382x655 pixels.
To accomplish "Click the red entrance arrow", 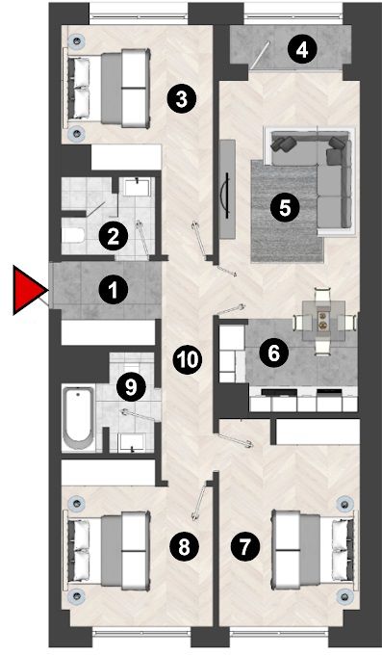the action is [x=29, y=290].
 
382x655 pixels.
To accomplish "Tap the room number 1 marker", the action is [x=114, y=290].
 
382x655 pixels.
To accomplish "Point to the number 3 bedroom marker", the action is [x=181, y=99].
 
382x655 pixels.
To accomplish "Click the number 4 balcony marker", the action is [x=302, y=50].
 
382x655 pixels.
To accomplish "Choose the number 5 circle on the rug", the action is [x=285, y=208].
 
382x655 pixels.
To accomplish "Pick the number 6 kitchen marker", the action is [x=273, y=354].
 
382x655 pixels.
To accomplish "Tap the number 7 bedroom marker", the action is [x=244, y=546].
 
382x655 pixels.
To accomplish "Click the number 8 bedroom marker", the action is [x=184, y=546].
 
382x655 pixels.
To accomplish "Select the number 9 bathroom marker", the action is [x=131, y=387].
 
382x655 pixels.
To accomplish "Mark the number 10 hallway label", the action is [x=188, y=359].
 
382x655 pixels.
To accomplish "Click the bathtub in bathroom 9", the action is [x=79, y=418].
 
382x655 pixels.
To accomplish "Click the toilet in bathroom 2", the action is [x=73, y=235].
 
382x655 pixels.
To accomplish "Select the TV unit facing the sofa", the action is [x=227, y=189].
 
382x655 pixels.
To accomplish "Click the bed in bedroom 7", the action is [x=315, y=548].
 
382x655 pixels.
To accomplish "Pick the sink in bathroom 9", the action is [x=132, y=443].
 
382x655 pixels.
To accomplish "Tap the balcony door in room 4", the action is [x=260, y=55].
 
